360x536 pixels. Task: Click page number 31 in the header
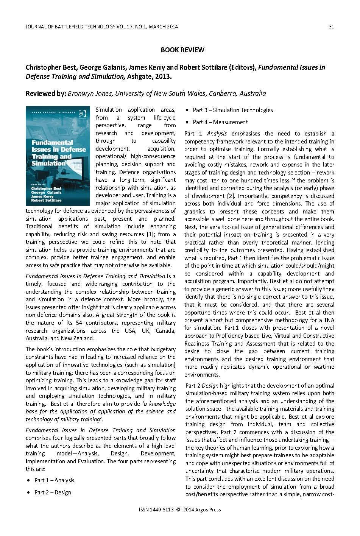pos(332,26)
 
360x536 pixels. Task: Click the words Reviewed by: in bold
pos(45,93)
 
